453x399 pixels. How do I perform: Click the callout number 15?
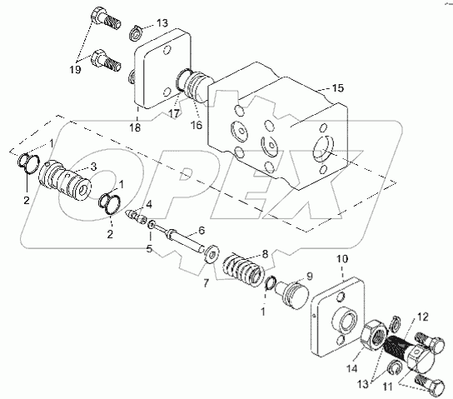[338, 88]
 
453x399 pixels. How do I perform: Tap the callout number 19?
[75, 69]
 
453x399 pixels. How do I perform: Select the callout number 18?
[135, 127]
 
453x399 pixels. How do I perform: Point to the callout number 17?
[174, 113]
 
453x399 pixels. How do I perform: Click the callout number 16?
[197, 125]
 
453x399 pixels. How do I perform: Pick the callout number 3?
[93, 167]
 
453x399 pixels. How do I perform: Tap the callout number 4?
[149, 205]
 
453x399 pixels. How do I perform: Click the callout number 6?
[202, 230]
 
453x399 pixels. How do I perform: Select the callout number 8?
[265, 254]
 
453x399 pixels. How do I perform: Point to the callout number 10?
[342, 259]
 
